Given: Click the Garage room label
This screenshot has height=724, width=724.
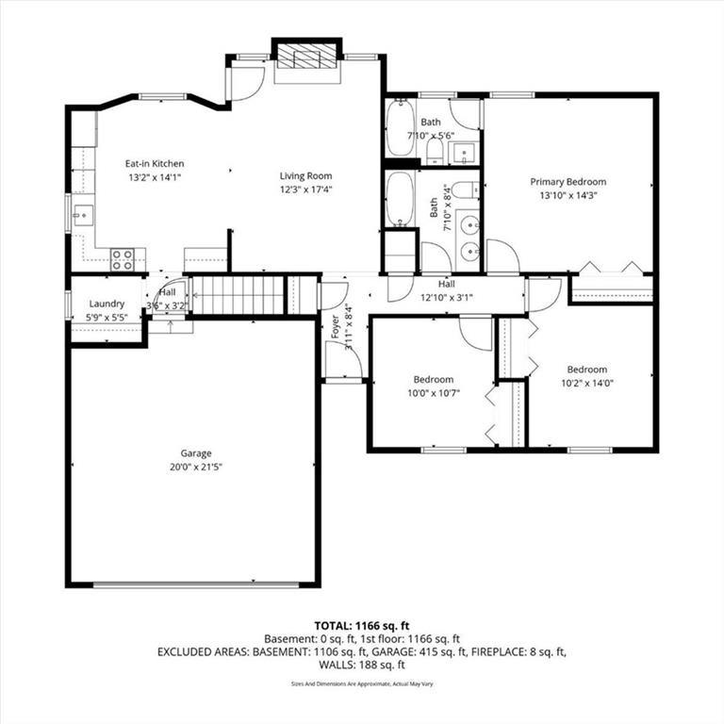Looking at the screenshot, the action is coord(196,452).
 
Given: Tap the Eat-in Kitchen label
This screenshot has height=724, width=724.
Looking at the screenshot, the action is coord(155,163).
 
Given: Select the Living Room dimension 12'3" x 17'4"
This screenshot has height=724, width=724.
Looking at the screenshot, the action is coord(305,189).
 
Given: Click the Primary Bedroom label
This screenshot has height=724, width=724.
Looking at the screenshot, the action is coord(568,182).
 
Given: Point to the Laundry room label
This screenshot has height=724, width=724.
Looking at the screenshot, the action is coord(107,304).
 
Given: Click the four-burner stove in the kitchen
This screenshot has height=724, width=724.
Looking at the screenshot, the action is coord(123,260).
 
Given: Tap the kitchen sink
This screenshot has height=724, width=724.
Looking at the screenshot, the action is coord(84,216).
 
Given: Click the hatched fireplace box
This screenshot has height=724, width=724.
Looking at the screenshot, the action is coord(306,57).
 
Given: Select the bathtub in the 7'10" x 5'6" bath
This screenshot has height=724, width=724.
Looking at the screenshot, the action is coord(400,128).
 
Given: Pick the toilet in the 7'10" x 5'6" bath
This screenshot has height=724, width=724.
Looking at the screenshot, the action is coord(435,151).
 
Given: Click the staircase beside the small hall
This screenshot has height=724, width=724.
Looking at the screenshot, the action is coord(238,295).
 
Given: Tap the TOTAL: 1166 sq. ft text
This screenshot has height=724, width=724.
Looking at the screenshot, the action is coord(362,626).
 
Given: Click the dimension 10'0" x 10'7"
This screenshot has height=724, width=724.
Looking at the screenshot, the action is coord(433,393).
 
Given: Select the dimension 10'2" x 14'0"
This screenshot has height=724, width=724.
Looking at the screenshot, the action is coord(587,384).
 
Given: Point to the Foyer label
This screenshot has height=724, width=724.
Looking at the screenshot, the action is coord(336,326).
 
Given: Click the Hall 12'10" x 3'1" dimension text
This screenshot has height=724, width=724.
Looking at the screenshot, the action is coord(447,298).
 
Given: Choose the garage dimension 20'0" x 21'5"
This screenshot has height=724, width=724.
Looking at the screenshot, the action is coord(196,467).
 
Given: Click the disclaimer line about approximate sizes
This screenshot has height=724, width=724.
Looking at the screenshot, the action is coord(362,683).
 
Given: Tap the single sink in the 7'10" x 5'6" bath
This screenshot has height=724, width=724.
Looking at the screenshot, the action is coord(463,154).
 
